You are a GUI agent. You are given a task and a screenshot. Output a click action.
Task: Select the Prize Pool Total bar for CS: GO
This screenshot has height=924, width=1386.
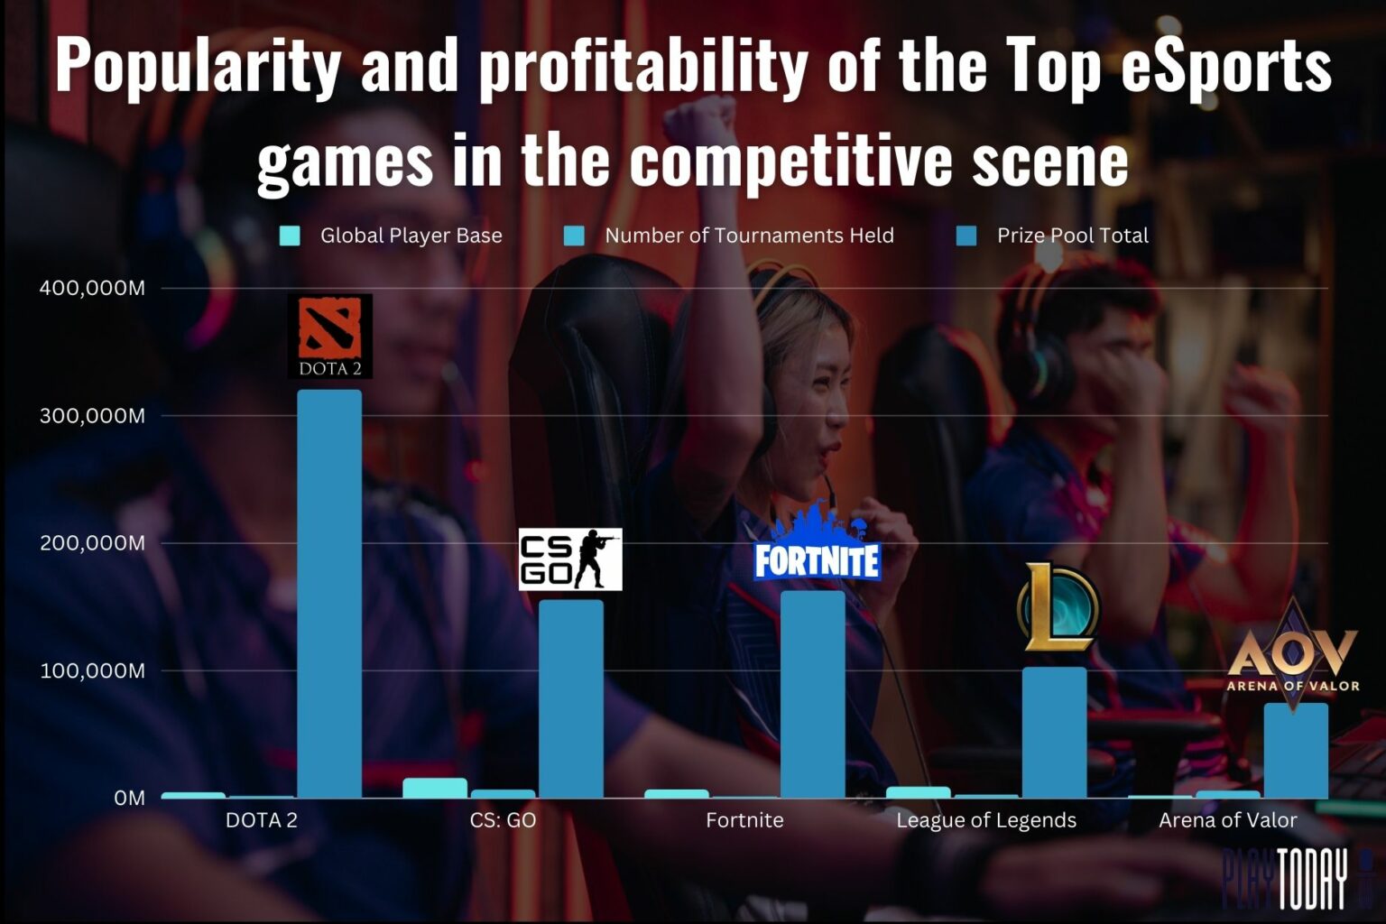pyautogui.click(x=570, y=698)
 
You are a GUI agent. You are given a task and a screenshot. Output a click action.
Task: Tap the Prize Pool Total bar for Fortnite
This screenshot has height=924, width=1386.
pyautogui.click(x=812, y=694)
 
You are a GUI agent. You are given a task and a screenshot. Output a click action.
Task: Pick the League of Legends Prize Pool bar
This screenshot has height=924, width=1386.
pyautogui.click(x=1054, y=732)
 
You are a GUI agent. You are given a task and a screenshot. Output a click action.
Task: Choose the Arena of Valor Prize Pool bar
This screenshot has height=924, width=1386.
pyautogui.click(x=1296, y=750)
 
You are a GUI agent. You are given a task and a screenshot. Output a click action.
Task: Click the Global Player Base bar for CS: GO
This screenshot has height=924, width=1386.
pyautogui.click(x=435, y=788)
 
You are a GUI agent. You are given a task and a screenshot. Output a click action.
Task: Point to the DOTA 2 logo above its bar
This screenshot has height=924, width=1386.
pyautogui.click(x=330, y=336)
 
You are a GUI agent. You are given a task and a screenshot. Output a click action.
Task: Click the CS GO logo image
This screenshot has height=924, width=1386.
pyautogui.click(x=570, y=559)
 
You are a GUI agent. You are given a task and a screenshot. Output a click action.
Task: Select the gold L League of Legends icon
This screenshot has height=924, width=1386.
pyautogui.click(x=1058, y=607)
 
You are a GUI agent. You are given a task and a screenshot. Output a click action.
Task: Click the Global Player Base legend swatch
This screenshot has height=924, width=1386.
pyautogui.click(x=290, y=236)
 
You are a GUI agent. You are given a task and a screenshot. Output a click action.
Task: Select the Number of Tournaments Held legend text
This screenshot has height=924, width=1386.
pyautogui.click(x=749, y=236)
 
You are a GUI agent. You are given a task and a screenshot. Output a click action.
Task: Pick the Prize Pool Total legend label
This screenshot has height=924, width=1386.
pyautogui.click(x=1072, y=236)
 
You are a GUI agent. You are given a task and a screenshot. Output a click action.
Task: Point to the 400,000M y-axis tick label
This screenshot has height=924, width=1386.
pyautogui.click(x=92, y=289)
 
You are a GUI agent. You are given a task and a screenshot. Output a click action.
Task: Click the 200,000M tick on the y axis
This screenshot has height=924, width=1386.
pyautogui.click(x=92, y=543)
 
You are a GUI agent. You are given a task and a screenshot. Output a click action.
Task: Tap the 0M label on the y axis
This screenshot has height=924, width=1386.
pyautogui.click(x=129, y=798)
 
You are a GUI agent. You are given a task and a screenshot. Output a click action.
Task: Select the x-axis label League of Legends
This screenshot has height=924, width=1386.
pyautogui.click(x=986, y=820)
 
